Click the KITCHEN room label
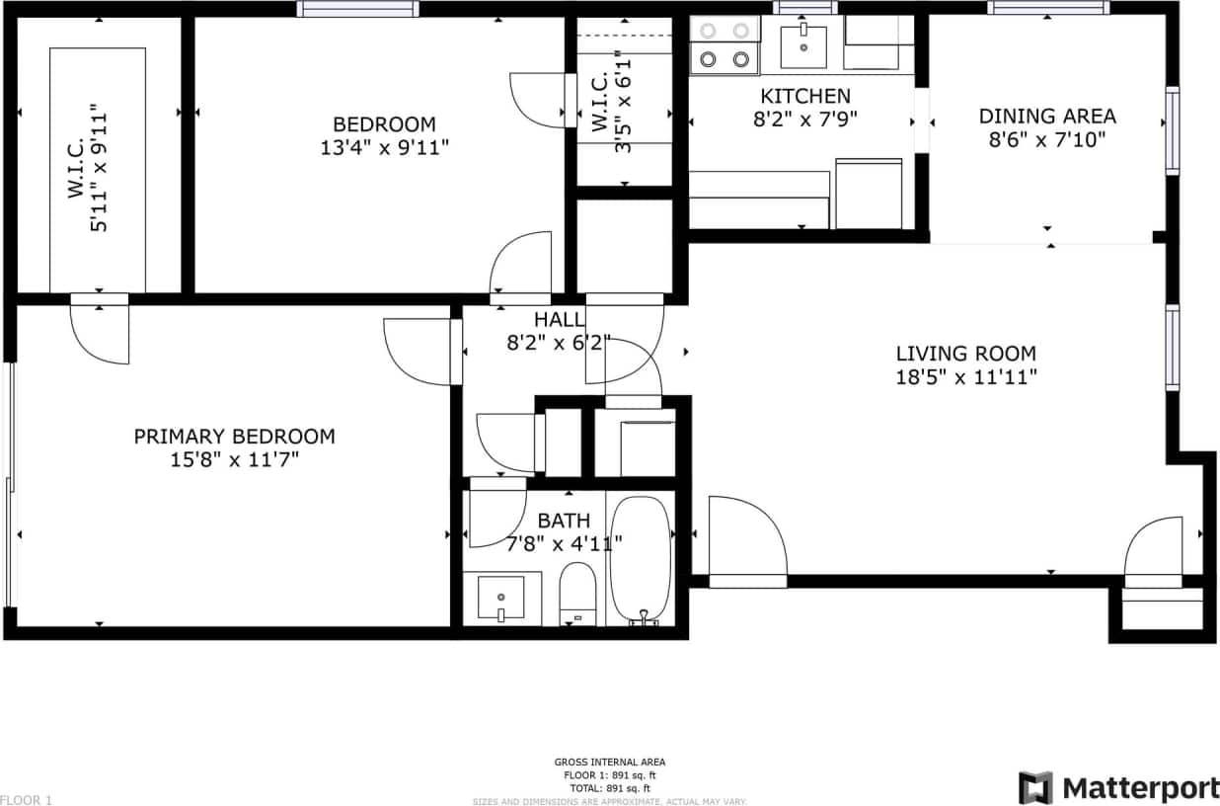804,97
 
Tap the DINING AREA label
1046,117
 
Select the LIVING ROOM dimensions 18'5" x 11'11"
965,376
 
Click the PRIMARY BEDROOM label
234,437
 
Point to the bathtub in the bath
640,560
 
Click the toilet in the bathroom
577,593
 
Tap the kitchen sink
803,43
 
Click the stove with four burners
724,45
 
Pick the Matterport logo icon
1035,788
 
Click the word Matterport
1140,788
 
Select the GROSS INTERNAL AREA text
609,762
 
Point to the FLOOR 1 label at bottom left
26,800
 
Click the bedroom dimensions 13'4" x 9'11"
383,148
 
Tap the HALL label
559,319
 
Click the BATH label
564,521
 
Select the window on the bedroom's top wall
357,9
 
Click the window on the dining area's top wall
1048,8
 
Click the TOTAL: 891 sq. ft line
609,788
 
